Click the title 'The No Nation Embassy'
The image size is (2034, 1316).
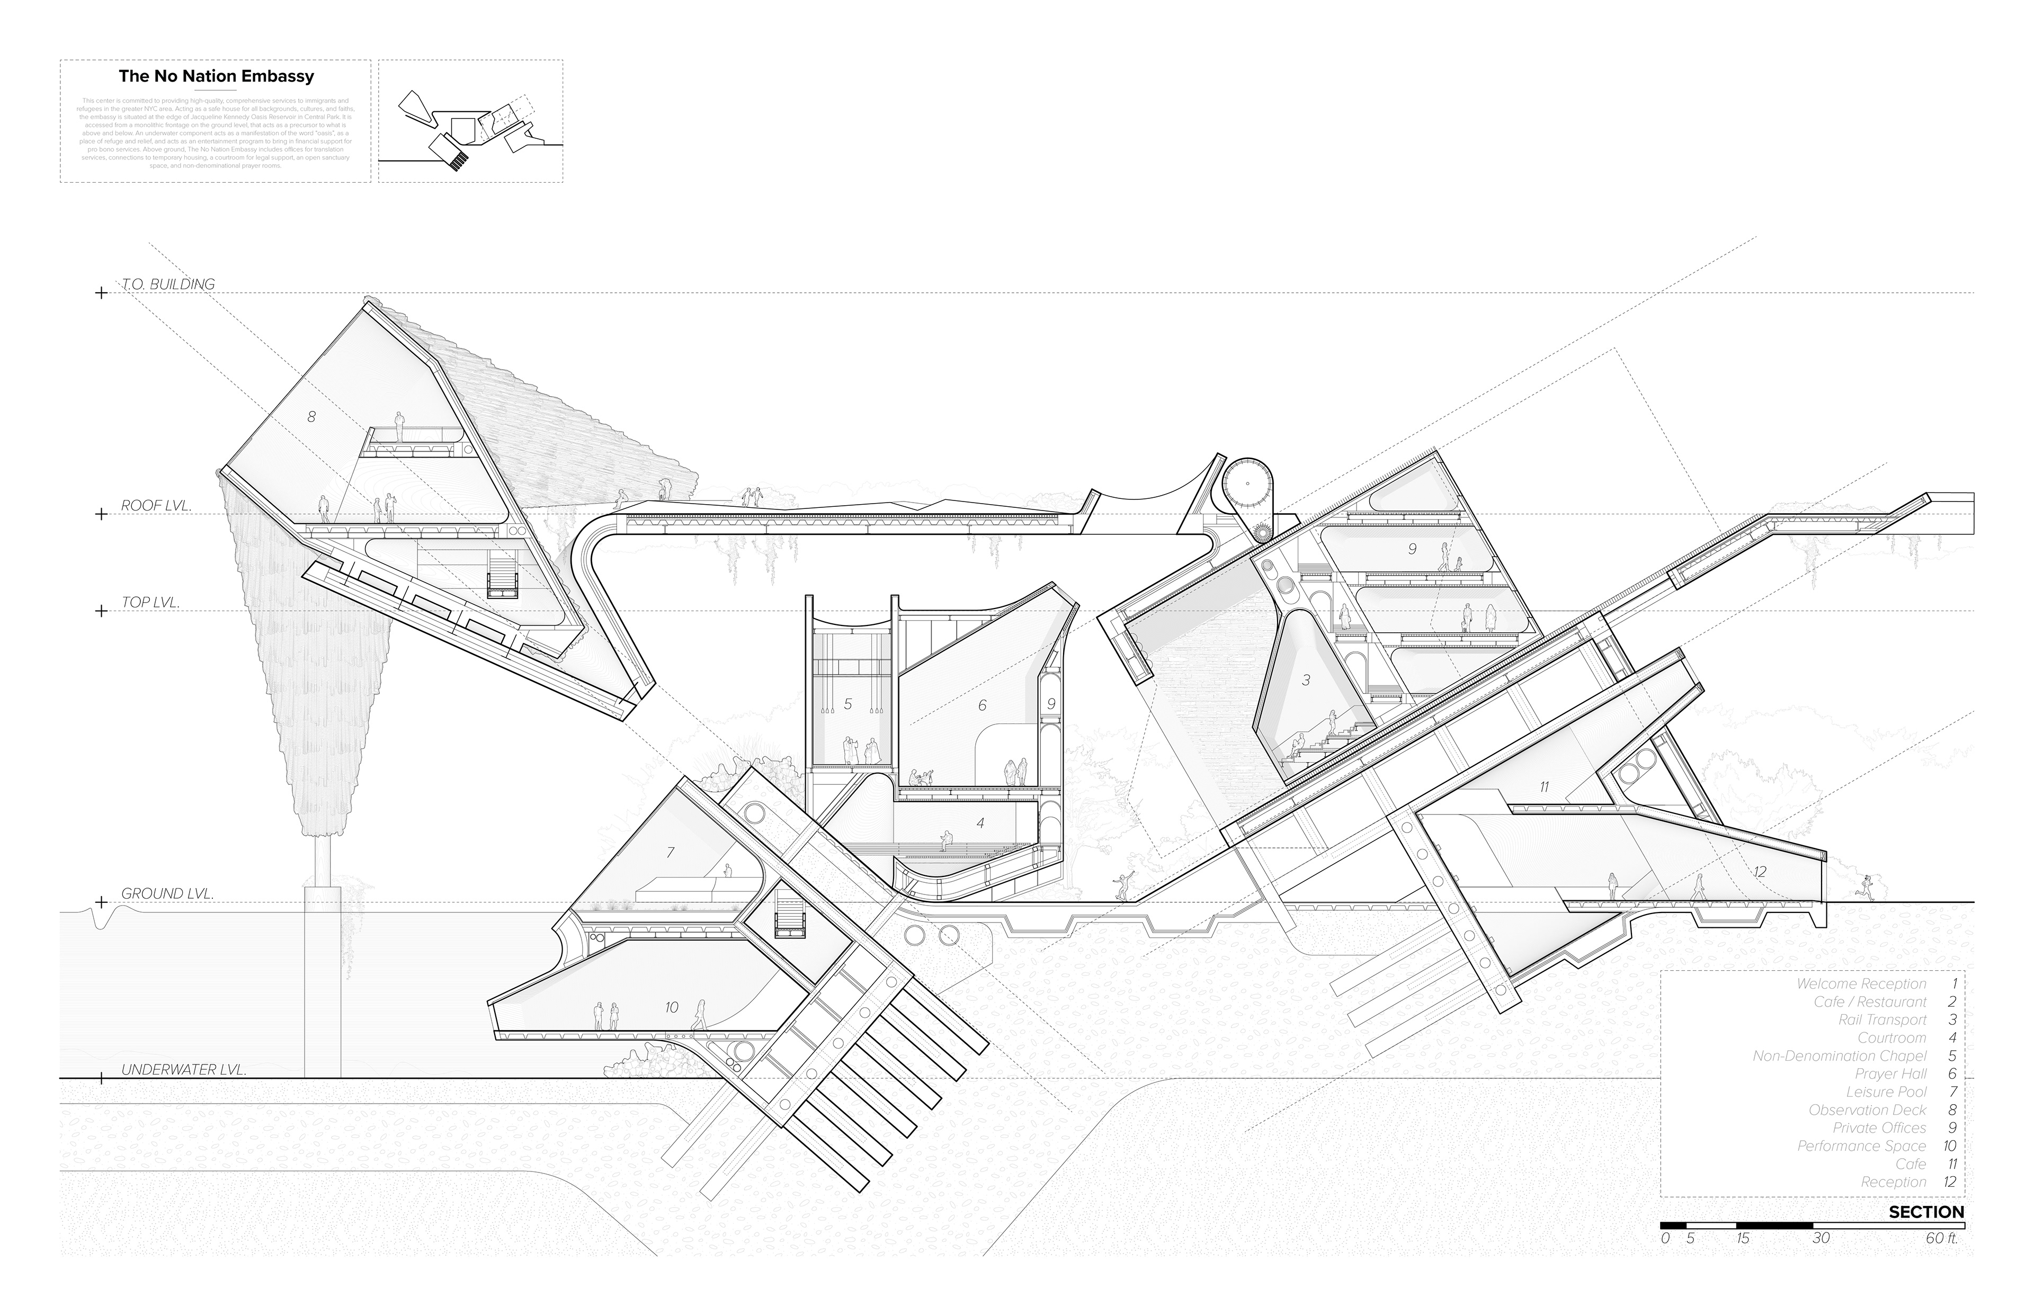pos(216,76)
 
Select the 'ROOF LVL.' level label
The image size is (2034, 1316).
pos(156,505)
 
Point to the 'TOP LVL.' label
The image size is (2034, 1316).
pos(150,603)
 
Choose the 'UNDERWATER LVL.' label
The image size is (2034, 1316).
pos(184,1069)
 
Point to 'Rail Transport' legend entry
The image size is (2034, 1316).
pos(1882,1019)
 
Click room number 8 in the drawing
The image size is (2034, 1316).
pos(311,416)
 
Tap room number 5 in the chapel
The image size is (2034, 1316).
pos(848,704)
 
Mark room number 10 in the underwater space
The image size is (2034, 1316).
pos(671,1007)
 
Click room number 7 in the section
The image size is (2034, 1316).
pos(670,852)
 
